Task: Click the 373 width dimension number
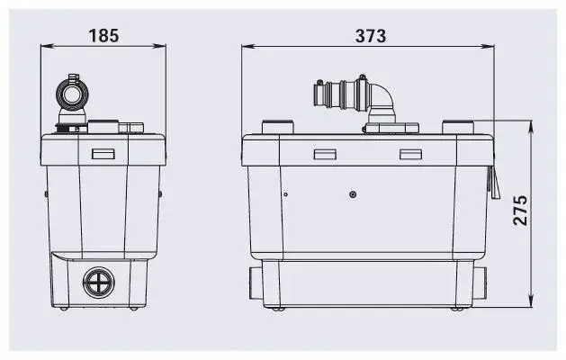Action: click(369, 36)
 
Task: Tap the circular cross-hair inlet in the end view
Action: click(97, 283)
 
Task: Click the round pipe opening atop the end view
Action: click(72, 93)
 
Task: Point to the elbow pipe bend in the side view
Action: click(382, 96)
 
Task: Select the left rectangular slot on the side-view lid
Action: click(324, 154)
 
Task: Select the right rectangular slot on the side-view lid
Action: click(411, 154)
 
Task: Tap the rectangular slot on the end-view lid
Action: click(103, 154)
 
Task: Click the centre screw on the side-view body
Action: click(353, 193)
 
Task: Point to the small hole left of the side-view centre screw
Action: click(284, 193)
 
